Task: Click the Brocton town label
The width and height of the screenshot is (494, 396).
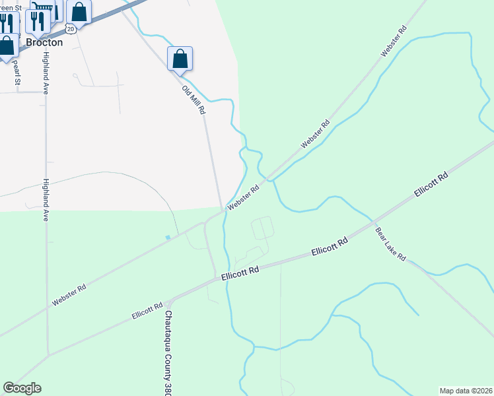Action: (44, 42)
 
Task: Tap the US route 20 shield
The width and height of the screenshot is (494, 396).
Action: (71, 29)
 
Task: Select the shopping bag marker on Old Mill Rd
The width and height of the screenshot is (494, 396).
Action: (180, 59)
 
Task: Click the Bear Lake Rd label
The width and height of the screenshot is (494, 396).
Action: (390, 244)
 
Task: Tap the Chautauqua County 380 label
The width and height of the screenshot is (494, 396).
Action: (168, 352)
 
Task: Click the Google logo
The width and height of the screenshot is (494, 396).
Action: (22, 388)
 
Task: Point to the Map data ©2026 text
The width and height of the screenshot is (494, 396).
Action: (466, 391)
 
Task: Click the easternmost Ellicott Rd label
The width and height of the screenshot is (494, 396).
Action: (431, 184)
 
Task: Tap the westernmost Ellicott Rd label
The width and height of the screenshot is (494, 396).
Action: (147, 311)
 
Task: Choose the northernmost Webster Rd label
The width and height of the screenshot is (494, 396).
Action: (392, 41)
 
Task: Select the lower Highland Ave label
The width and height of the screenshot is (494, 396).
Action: (46, 199)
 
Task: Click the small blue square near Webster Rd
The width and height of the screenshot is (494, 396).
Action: (168, 237)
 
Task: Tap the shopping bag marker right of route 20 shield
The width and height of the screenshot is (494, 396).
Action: (79, 11)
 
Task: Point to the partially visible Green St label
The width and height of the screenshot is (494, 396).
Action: (12, 8)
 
